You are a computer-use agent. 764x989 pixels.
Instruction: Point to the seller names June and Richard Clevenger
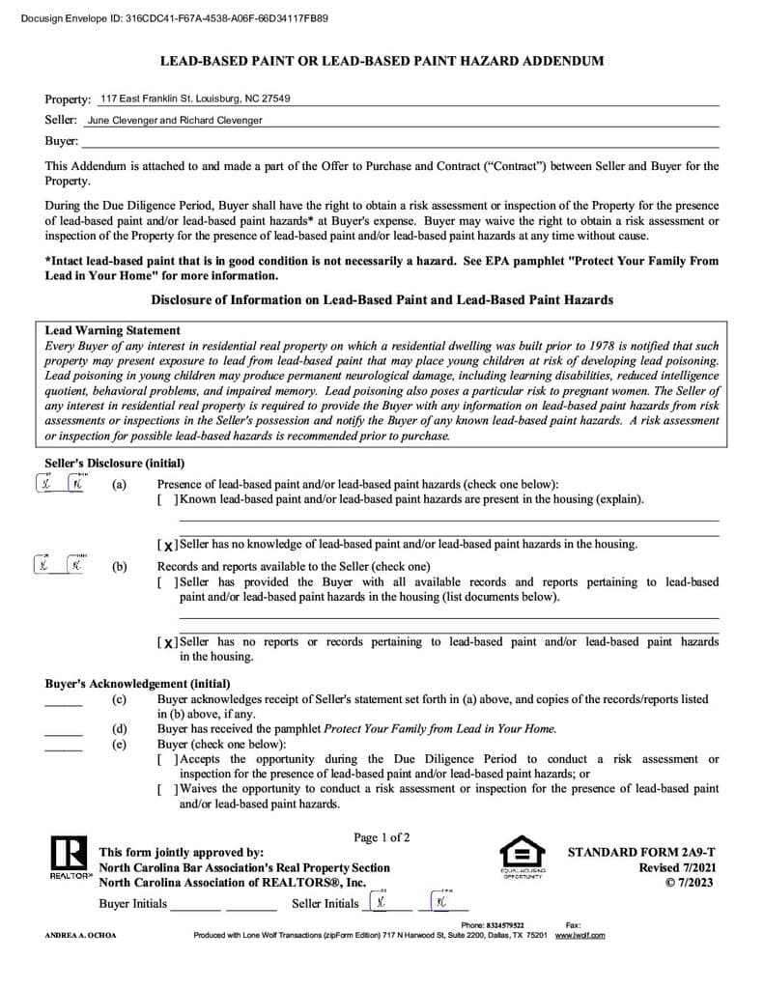pyautogui.click(x=175, y=121)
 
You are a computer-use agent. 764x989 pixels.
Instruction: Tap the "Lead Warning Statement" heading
pyautogui.click(x=113, y=330)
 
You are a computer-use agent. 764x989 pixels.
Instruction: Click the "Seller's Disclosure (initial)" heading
pyautogui.click(x=115, y=464)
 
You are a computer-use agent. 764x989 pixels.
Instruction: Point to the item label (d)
pyautogui.click(x=120, y=729)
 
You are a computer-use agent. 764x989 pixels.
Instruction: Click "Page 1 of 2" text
pyautogui.click(x=382, y=837)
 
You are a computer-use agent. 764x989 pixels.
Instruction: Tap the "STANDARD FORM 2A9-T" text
pyautogui.click(x=641, y=853)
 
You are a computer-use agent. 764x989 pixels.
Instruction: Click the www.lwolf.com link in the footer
pyautogui.click(x=580, y=935)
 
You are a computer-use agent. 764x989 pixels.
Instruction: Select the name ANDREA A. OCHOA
pyautogui.click(x=80, y=935)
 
